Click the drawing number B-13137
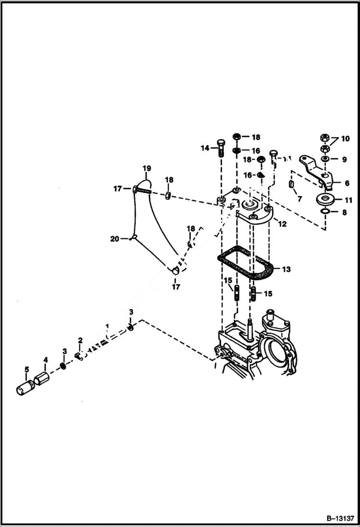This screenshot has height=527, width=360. click(340, 519)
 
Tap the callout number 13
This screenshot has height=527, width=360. click(286, 270)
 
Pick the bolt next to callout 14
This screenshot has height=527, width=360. click(221, 148)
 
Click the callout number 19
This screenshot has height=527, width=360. click(147, 169)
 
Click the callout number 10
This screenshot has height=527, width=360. click(346, 139)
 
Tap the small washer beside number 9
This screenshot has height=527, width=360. click(325, 159)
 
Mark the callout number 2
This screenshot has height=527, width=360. click(80, 341)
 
